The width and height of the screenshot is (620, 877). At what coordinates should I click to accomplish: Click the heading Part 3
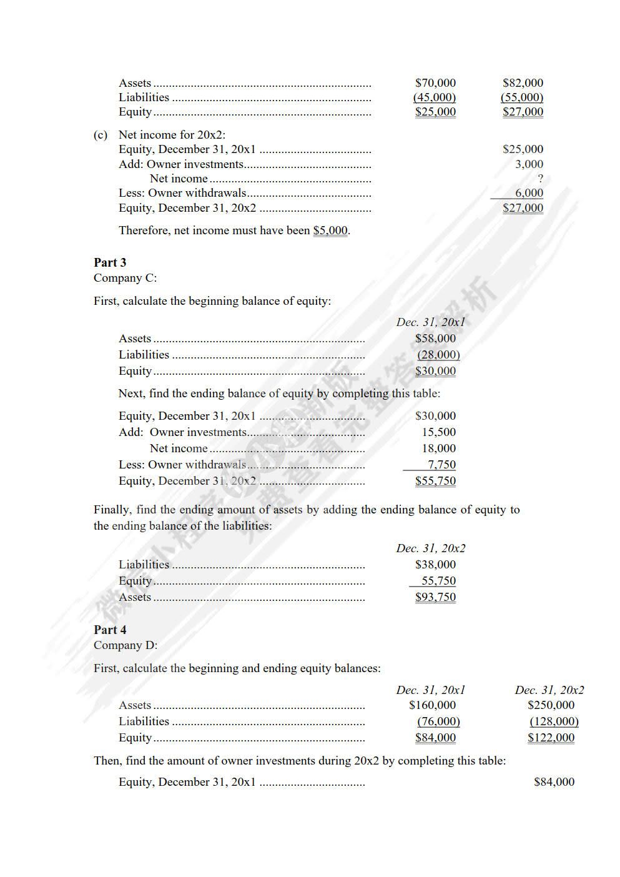click(x=110, y=262)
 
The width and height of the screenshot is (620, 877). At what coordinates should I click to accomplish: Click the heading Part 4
click(x=110, y=630)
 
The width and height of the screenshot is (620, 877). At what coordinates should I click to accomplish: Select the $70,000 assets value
click(x=435, y=83)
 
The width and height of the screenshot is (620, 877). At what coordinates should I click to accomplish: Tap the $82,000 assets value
click(x=523, y=83)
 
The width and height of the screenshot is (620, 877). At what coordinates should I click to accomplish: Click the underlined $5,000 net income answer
click(x=330, y=230)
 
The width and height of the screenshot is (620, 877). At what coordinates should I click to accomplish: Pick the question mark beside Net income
click(x=540, y=179)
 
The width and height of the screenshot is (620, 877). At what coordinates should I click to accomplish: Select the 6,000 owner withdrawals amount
click(x=529, y=193)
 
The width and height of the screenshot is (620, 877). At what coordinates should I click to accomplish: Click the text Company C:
click(x=125, y=278)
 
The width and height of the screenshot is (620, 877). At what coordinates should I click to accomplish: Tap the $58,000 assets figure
click(x=435, y=339)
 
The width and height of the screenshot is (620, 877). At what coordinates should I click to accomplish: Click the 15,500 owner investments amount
click(x=438, y=432)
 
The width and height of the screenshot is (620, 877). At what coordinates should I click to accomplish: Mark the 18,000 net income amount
click(x=438, y=448)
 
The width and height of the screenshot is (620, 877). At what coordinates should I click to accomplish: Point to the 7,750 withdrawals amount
click(x=441, y=465)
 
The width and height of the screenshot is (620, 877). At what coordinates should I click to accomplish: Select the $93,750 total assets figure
click(x=435, y=597)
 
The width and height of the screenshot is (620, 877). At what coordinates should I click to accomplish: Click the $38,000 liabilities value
click(x=435, y=565)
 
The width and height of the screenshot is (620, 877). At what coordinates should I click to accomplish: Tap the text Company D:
click(x=125, y=645)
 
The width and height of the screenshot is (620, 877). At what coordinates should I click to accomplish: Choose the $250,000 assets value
click(x=551, y=705)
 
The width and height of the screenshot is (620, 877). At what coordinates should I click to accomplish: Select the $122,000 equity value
click(x=551, y=738)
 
